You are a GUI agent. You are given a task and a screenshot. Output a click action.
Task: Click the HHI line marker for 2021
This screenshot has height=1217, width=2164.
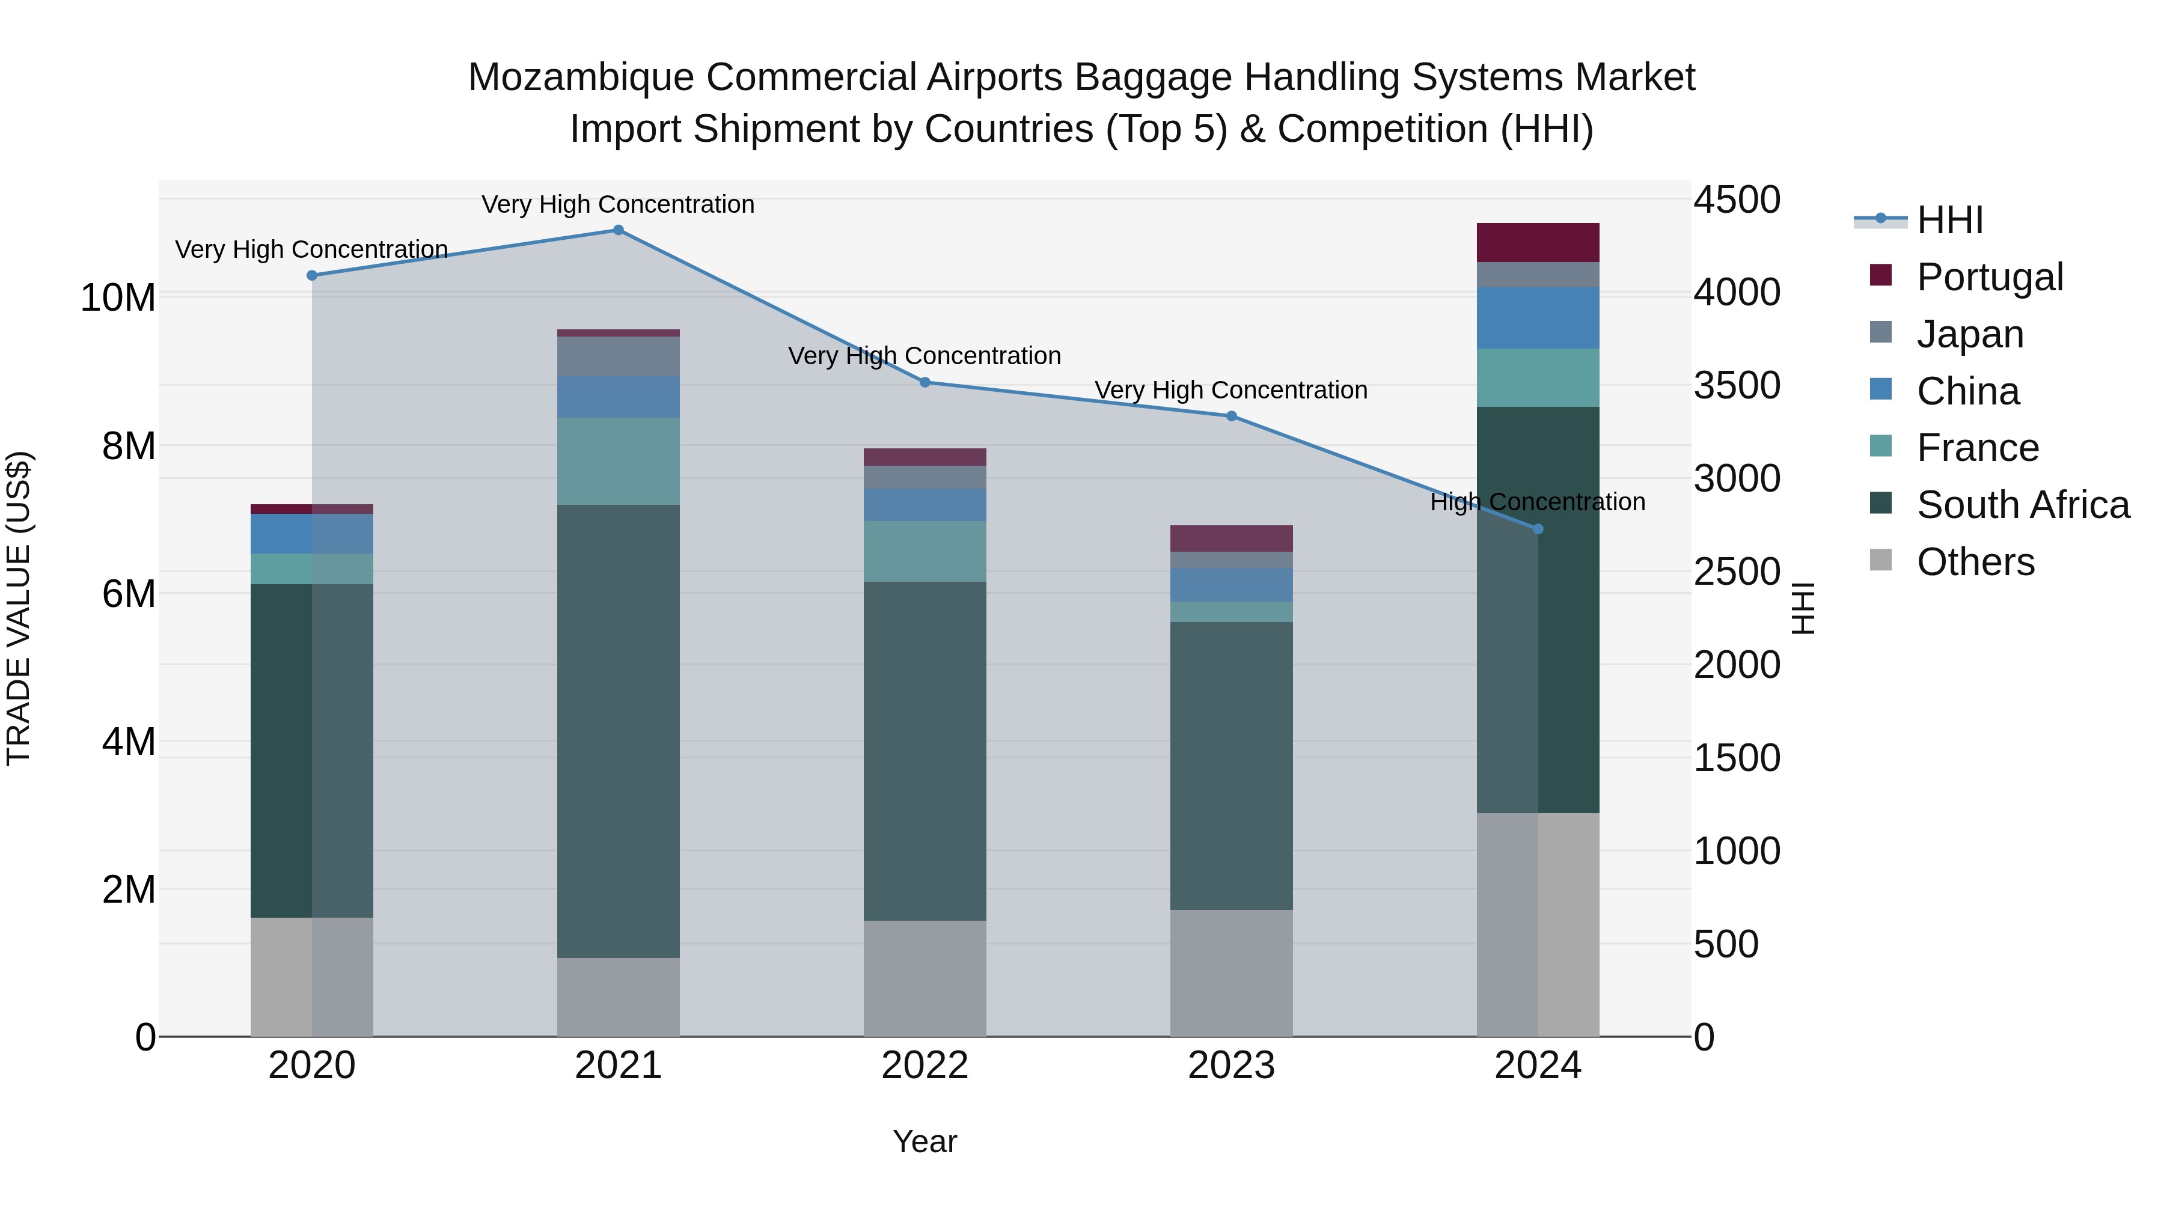click(x=619, y=230)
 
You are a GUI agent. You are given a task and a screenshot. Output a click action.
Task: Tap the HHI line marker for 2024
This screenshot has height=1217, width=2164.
click(x=1538, y=529)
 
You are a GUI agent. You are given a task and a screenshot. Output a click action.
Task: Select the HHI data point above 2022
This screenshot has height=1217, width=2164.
click(x=925, y=382)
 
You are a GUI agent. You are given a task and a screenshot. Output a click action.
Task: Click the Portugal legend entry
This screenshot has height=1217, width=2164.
click(x=1989, y=277)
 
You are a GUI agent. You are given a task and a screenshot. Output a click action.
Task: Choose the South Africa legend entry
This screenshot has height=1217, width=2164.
click(x=2022, y=505)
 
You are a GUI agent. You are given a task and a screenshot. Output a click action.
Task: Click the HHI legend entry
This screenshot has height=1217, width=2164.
click(x=1949, y=220)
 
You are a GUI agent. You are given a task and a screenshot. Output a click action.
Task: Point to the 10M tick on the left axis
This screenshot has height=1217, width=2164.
click(x=118, y=298)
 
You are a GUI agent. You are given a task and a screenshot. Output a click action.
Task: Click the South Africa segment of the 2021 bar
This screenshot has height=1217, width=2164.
click(x=619, y=731)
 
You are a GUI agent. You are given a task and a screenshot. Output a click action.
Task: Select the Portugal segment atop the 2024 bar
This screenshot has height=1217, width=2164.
click(x=1538, y=243)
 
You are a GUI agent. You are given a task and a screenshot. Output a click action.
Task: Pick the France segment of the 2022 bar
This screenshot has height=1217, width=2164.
click(x=925, y=551)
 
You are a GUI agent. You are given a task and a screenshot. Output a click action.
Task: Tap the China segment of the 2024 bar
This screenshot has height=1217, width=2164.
click(x=1538, y=319)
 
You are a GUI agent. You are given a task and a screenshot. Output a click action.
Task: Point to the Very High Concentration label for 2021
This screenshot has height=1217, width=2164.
click(x=619, y=205)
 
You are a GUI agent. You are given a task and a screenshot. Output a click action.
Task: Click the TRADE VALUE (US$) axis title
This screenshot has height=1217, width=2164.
click(x=19, y=608)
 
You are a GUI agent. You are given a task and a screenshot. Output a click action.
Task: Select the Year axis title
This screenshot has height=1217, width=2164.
click(x=925, y=1142)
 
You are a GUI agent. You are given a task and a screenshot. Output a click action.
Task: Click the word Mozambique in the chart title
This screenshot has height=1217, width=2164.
click(x=581, y=78)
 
